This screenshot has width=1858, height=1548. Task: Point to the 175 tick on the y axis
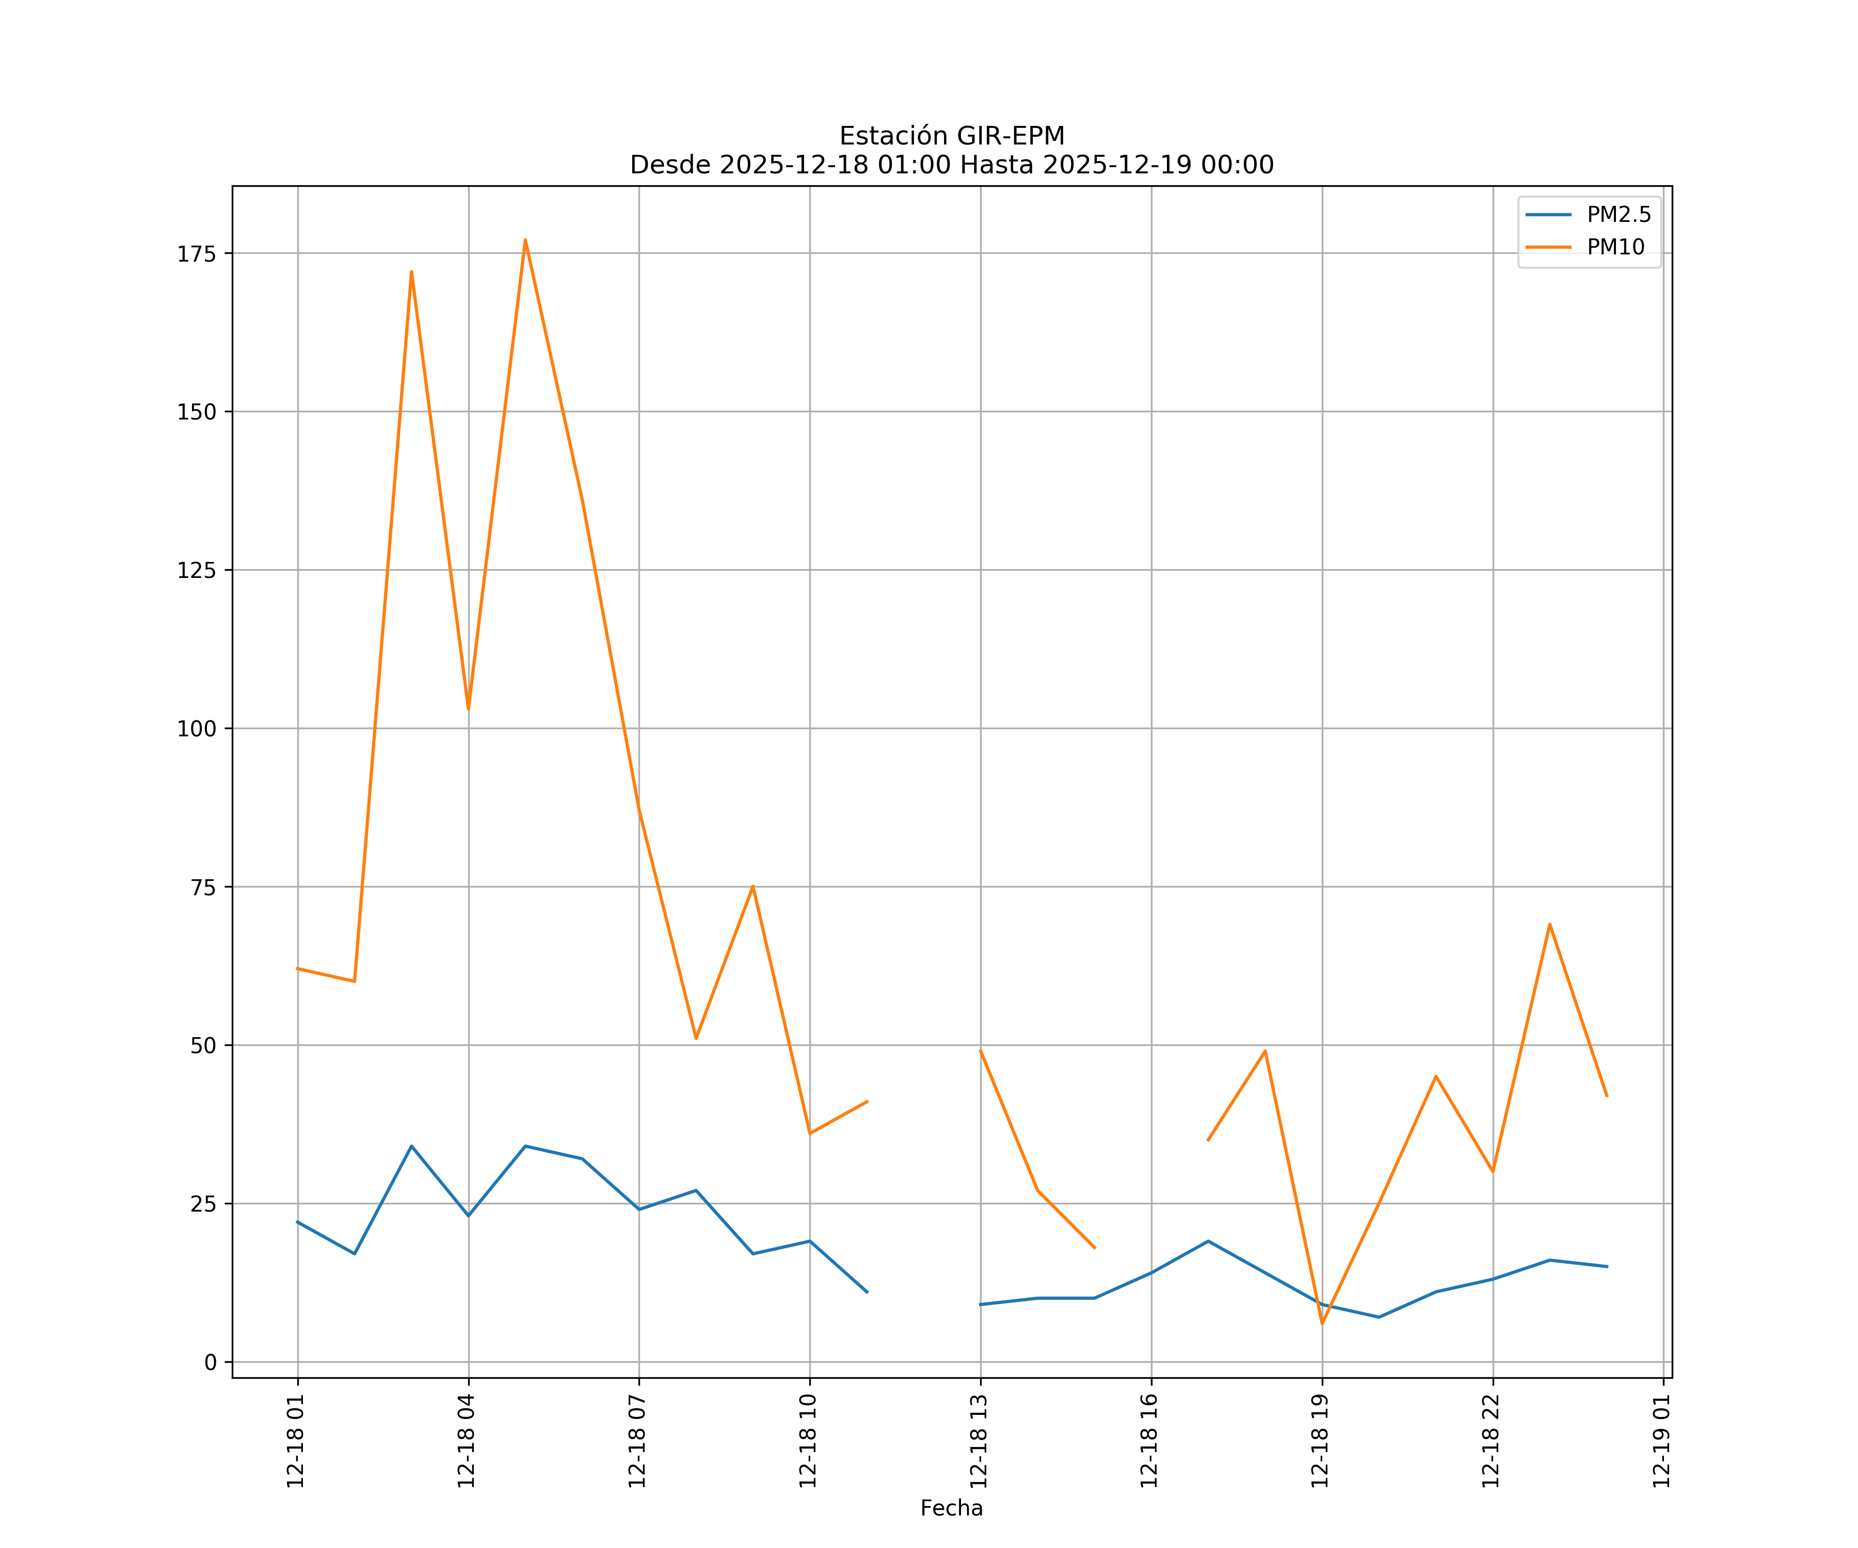tap(197, 254)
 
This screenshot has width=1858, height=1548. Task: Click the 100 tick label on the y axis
tap(197, 729)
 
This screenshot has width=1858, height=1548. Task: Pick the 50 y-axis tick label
tap(203, 1045)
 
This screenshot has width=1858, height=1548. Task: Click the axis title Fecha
tap(951, 1508)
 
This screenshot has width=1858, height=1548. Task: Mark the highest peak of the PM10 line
tap(525, 240)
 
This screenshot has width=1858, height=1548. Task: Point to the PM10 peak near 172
tap(411, 271)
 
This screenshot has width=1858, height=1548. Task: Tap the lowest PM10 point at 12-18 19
tap(1322, 1324)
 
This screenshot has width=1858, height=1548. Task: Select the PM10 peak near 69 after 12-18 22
tap(1549, 924)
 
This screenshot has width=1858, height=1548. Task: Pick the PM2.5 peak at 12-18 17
tap(1208, 1241)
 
